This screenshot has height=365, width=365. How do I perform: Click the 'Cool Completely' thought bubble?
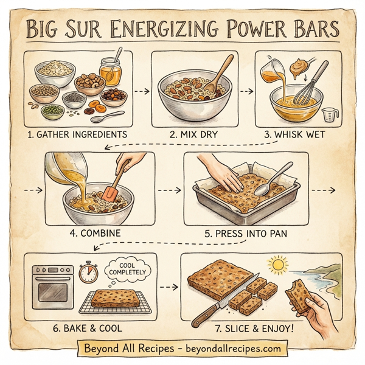click(x=125, y=268)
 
